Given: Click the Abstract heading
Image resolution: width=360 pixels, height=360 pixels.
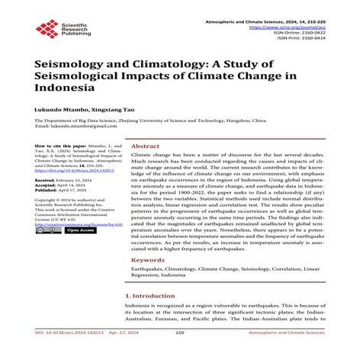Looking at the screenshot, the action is (145, 146).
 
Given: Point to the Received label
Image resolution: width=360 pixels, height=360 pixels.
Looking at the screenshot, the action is (48, 180).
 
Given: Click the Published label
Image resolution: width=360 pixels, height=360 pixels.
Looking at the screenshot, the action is (50, 191).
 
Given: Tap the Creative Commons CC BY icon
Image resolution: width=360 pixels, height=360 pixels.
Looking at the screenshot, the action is (47, 231).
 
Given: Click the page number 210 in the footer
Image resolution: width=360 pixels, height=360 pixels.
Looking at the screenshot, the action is (180, 353).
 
